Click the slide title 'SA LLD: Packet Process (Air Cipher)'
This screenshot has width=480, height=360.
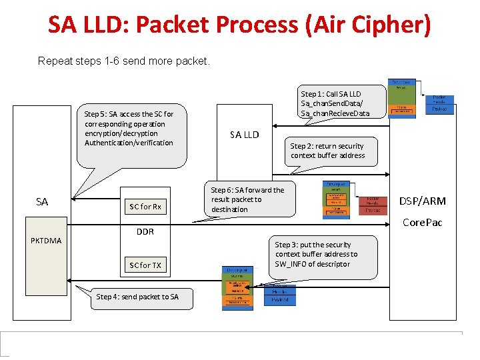point(239,25)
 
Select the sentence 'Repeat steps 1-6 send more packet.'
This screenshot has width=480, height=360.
point(124,61)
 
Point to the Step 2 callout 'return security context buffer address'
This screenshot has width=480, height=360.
point(327,151)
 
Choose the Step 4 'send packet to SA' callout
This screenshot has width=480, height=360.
point(137,297)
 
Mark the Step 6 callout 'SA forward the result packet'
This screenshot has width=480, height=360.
point(247,199)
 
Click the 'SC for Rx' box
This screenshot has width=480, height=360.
point(145,207)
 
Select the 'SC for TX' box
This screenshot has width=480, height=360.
point(145,265)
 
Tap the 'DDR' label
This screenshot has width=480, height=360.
point(145,232)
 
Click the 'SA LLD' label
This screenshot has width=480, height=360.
point(244,135)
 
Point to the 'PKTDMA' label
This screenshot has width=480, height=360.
point(45,241)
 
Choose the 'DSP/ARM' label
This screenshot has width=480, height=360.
point(422,201)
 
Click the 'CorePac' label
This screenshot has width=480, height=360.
point(422,222)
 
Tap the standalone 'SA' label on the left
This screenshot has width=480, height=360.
point(42,201)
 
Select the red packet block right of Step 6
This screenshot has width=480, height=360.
point(373,205)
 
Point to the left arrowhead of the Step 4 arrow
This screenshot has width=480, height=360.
point(78,289)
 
